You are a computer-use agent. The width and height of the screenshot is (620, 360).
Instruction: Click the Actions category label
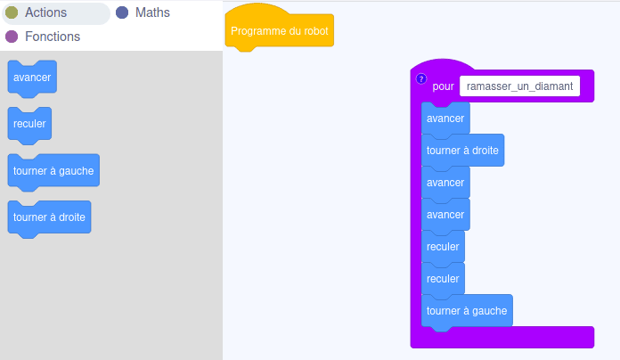(x=45, y=12)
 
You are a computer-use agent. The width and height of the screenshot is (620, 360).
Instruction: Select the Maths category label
(x=152, y=12)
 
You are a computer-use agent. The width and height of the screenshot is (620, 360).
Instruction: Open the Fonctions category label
(x=53, y=37)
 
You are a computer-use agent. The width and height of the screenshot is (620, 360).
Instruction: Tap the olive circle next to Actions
(x=12, y=12)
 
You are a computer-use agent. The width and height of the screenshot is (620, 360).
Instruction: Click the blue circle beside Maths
(x=122, y=12)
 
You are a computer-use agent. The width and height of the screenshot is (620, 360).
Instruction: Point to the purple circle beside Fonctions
(x=12, y=37)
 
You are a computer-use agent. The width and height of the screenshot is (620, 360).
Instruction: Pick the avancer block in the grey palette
(x=32, y=78)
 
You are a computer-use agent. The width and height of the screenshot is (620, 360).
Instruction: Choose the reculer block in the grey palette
(x=29, y=124)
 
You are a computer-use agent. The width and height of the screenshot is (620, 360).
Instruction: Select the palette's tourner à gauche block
(x=53, y=171)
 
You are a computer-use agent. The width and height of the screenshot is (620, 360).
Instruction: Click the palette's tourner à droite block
(x=49, y=217)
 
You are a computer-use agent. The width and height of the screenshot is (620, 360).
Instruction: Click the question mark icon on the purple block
(x=421, y=78)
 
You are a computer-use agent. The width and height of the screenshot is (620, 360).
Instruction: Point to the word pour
(x=444, y=86)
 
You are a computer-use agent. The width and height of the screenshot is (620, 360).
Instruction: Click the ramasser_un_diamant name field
(x=519, y=86)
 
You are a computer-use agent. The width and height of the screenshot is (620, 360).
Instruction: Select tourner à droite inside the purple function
(x=462, y=151)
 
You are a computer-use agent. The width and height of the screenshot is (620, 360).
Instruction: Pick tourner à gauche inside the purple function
(x=467, y=311)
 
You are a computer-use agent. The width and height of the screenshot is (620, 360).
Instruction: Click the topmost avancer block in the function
(x=445, y=119)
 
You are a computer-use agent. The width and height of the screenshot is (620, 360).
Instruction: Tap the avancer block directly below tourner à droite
(x=445, y=183)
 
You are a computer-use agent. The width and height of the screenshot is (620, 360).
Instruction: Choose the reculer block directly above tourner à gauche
(x=443, y=279)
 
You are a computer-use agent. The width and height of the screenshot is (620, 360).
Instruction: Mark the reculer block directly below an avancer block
(x=443, y=247)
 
